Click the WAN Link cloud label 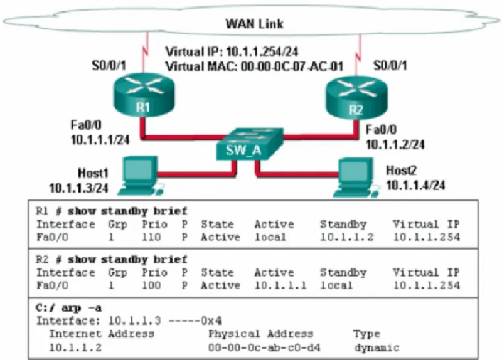[255, 24]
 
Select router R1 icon [144, 95]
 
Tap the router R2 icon [356, 98]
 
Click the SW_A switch [249, 144]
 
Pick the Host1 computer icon [140, 176]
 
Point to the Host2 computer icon [355, 177]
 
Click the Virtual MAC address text [254, 66]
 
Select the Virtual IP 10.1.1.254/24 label [232, 51]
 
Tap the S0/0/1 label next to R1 [109, 66]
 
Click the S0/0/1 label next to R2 [390, 66]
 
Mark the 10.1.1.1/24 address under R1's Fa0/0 [100, 140]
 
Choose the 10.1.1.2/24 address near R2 [395, 145]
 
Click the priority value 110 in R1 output [151, 237]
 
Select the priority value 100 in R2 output [151, 285]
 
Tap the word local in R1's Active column [270, 237]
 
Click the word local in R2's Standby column [336, 285]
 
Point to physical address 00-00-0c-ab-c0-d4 [264, 347]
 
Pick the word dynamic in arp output [377, 348]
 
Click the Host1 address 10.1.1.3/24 [79, 188]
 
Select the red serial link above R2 [358, 55]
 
